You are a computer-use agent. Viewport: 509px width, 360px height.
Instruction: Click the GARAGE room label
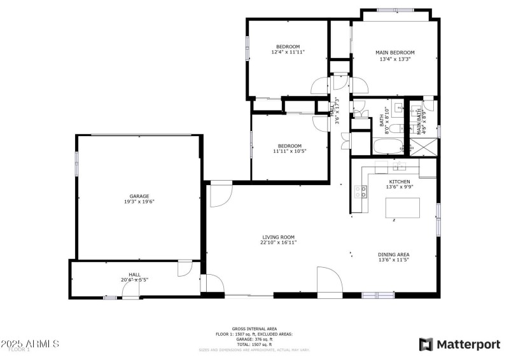pos(139,196)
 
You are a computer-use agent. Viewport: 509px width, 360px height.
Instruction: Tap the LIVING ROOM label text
pos(279,237)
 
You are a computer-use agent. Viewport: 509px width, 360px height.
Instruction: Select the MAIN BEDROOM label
pos(394,52)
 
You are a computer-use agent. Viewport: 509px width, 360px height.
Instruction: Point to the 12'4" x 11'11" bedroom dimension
pos(288,52)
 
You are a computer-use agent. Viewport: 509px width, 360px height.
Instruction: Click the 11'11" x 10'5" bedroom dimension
pos(288,151)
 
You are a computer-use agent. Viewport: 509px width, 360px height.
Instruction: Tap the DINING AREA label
pos(394,254)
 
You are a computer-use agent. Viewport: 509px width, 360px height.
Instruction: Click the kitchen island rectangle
pos(403,207)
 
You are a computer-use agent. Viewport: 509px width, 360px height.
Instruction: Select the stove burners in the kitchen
pos(361,191)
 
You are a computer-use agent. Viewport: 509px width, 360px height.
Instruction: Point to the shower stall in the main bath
pos(426,146)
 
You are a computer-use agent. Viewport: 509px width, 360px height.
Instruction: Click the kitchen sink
pos(399,167)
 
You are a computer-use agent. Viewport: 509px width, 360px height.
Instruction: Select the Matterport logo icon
pos(424,344)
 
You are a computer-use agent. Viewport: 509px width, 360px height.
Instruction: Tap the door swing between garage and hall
pos(186,268)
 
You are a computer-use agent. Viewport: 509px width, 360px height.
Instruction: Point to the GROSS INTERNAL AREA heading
pos(254,329)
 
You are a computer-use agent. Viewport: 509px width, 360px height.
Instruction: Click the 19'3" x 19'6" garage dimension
pos(139,202)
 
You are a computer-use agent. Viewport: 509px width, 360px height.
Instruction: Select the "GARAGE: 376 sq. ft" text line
pos(254,339)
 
